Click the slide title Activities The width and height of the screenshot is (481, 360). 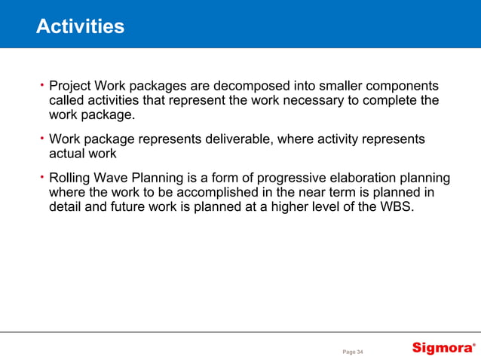pos(80,27)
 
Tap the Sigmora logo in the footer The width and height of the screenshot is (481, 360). pos(443,348)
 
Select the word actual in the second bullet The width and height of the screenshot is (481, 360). pos(67,154)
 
